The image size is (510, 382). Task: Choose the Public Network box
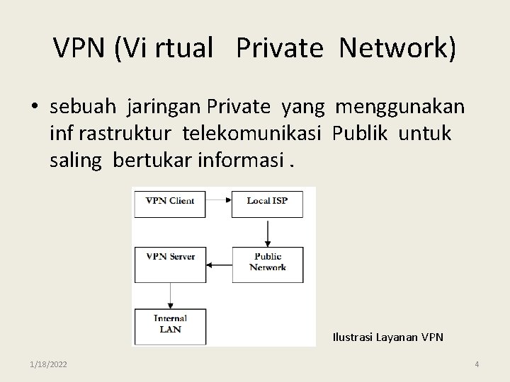click(x=267, y=263)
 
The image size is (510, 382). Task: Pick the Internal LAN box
click(x=170, y=324)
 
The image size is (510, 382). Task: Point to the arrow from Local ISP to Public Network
click(x=268, y=231)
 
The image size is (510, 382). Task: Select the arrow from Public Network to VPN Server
click(x=219, y=265)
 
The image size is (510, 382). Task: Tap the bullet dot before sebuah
click(x=35, y=108)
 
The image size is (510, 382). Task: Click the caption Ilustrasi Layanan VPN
click(x=387, y=337)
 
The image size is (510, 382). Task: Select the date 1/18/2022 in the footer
click(x=49, y=364)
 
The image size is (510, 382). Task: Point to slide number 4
click(x=477, y=364)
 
